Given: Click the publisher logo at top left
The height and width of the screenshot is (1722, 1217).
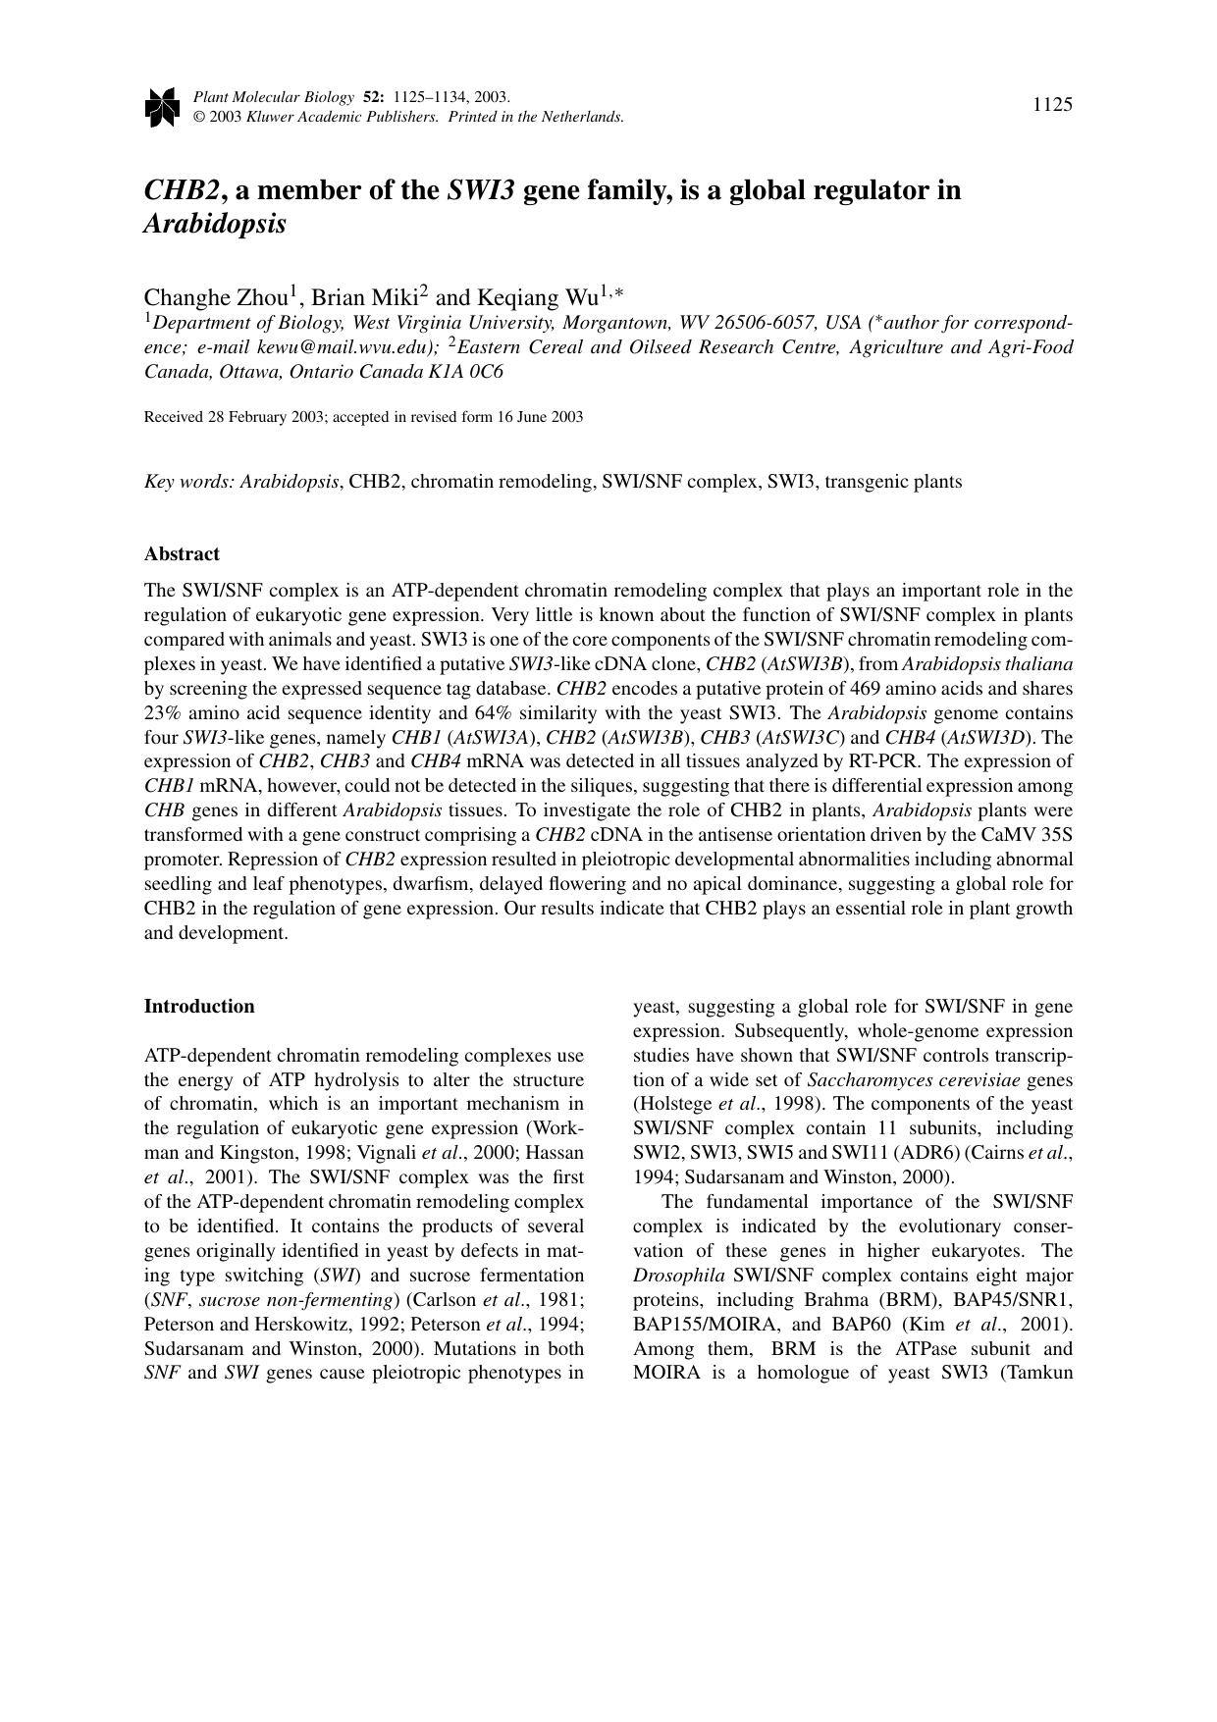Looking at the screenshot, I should pyautogui.click(x=161, y=107).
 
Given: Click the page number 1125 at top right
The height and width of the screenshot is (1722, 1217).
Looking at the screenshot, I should pyautogui.click(x=1052, y=105).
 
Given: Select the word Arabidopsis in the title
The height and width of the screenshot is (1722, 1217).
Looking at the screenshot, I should pyautogui.click(x=215, y=224).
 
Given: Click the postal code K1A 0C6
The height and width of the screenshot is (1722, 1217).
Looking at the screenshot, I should pyautogui.click(x=473, y=372).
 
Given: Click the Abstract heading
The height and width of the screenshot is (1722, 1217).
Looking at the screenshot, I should pyautogui.click(x=182, y=554).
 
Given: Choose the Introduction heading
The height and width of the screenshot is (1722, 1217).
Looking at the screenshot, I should pyautogui.click(x=199, y=1007).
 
